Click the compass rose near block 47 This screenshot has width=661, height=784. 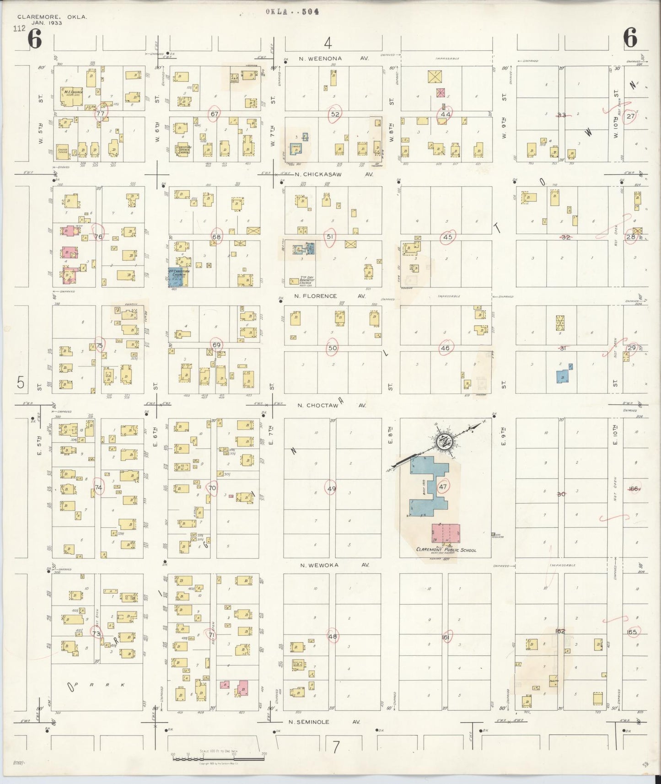[x=444, y=441]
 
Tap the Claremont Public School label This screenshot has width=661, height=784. [x=446, y=550]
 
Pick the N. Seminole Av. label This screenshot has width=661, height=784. [x=324, y=722]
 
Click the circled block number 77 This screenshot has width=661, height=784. [x=101, y=113]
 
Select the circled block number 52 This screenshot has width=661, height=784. [x=335, y=114]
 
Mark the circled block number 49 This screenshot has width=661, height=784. [x=331, y=489]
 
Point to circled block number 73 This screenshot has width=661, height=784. [x=97, y=634]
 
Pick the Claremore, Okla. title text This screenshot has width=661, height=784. [x=52, y=20]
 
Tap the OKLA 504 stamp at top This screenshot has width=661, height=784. [x=292, y=12]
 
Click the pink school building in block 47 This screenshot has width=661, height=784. [x=446, y=533]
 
